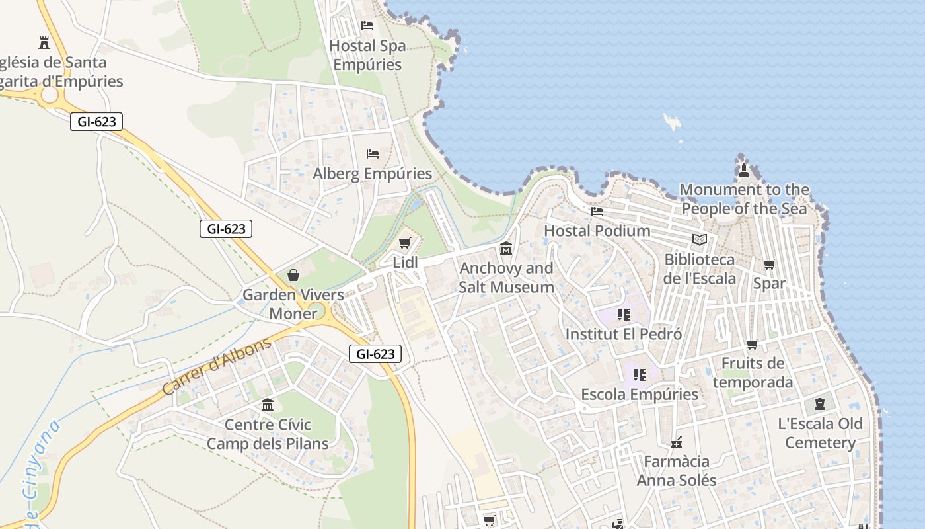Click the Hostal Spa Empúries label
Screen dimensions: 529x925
point(367,56)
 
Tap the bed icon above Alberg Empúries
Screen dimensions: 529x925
point(373,154)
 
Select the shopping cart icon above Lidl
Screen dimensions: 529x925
point(404,243)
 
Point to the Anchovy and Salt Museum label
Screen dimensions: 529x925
point(507,278)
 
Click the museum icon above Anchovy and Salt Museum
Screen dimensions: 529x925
point(506,248)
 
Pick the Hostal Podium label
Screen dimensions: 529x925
point(597,231)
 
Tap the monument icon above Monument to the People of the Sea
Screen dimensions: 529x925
point(744,171)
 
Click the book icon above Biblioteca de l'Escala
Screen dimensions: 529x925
point(700,240)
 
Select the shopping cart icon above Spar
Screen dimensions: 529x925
point(770,264)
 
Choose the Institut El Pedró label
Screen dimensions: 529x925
point(624,334)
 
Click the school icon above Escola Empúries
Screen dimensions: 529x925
point(639,375)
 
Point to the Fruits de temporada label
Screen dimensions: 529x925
point(753,373)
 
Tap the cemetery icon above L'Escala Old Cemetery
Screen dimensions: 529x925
point(820,403)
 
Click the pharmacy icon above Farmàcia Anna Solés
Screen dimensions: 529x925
point(677,442)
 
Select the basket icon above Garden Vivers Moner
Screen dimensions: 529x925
point(293,275)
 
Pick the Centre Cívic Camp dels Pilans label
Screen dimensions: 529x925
point(268,434)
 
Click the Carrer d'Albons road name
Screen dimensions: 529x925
point(217,366)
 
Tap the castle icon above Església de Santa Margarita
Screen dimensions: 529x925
point(44,43)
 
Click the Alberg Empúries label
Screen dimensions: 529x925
point(373,174)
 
